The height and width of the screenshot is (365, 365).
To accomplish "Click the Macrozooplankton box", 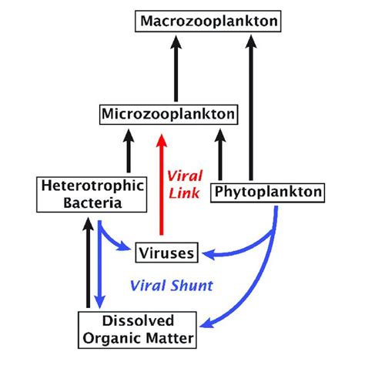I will tap(182, 21).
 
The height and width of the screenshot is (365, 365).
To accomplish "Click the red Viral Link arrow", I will tap(161, 185).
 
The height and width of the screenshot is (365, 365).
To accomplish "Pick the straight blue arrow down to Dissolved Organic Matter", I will tap(100, 266).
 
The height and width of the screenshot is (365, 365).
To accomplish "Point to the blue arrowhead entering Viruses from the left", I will tap(129, 249).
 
